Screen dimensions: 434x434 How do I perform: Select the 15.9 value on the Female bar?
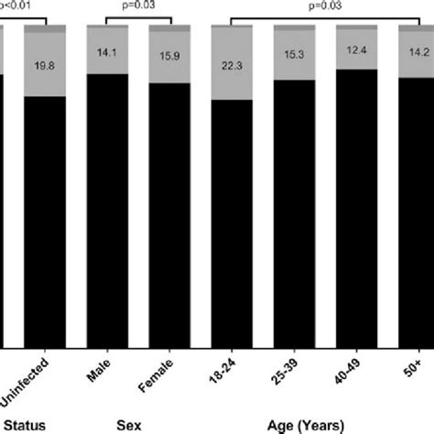[x=169, y=60]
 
